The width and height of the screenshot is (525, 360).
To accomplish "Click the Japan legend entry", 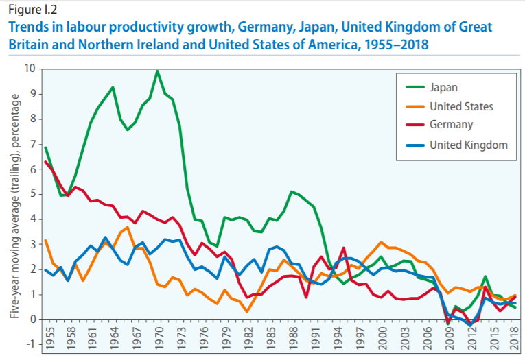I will click(443, 87).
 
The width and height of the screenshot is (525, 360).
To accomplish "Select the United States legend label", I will click(461, 106).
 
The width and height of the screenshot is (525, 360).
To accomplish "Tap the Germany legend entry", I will click(451, 125).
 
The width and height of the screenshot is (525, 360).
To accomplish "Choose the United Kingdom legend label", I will click(468, 145).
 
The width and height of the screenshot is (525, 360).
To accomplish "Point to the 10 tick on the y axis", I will click(30, 69).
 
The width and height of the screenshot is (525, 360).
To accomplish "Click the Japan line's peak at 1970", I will click(158, 71).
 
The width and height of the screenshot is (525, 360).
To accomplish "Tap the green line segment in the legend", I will click(412, 87).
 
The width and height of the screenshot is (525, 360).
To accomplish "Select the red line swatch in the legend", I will click(412, 125).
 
